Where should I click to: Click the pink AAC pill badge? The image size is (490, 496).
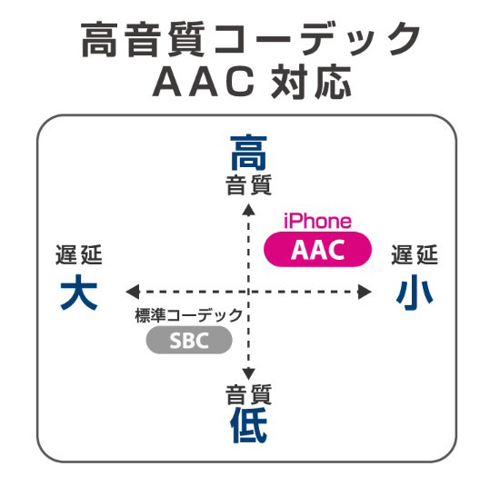click(317, 249)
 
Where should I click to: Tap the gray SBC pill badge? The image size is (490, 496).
click(189, 340)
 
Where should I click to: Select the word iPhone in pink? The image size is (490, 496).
click(317, 222)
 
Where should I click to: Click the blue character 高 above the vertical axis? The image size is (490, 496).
click(248, 153)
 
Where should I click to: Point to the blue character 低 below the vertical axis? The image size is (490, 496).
click(248, 425)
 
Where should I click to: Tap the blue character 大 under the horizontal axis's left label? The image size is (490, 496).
click(79, 292)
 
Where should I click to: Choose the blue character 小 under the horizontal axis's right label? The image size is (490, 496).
click(415, 293)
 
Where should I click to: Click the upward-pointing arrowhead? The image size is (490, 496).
click(248, 210)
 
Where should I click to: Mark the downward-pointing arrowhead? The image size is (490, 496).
click(248, 374)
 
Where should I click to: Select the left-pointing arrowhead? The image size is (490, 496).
click(133, 292)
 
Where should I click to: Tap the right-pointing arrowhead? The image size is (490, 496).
click(365, 292)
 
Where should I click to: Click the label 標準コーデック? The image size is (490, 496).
click(189, 315)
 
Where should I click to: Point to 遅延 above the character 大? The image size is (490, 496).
click(79, 254)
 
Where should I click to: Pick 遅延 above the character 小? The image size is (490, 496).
click(415, 254)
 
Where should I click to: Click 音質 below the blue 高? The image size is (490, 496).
click(248, 184)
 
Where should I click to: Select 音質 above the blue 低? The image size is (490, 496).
click(248, 394)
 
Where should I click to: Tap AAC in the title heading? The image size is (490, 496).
click(204, 82)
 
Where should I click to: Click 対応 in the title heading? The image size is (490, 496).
click(311, 82)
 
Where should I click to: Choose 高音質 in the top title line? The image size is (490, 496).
click(143, 39)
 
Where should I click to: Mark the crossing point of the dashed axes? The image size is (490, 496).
click(248, 292)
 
